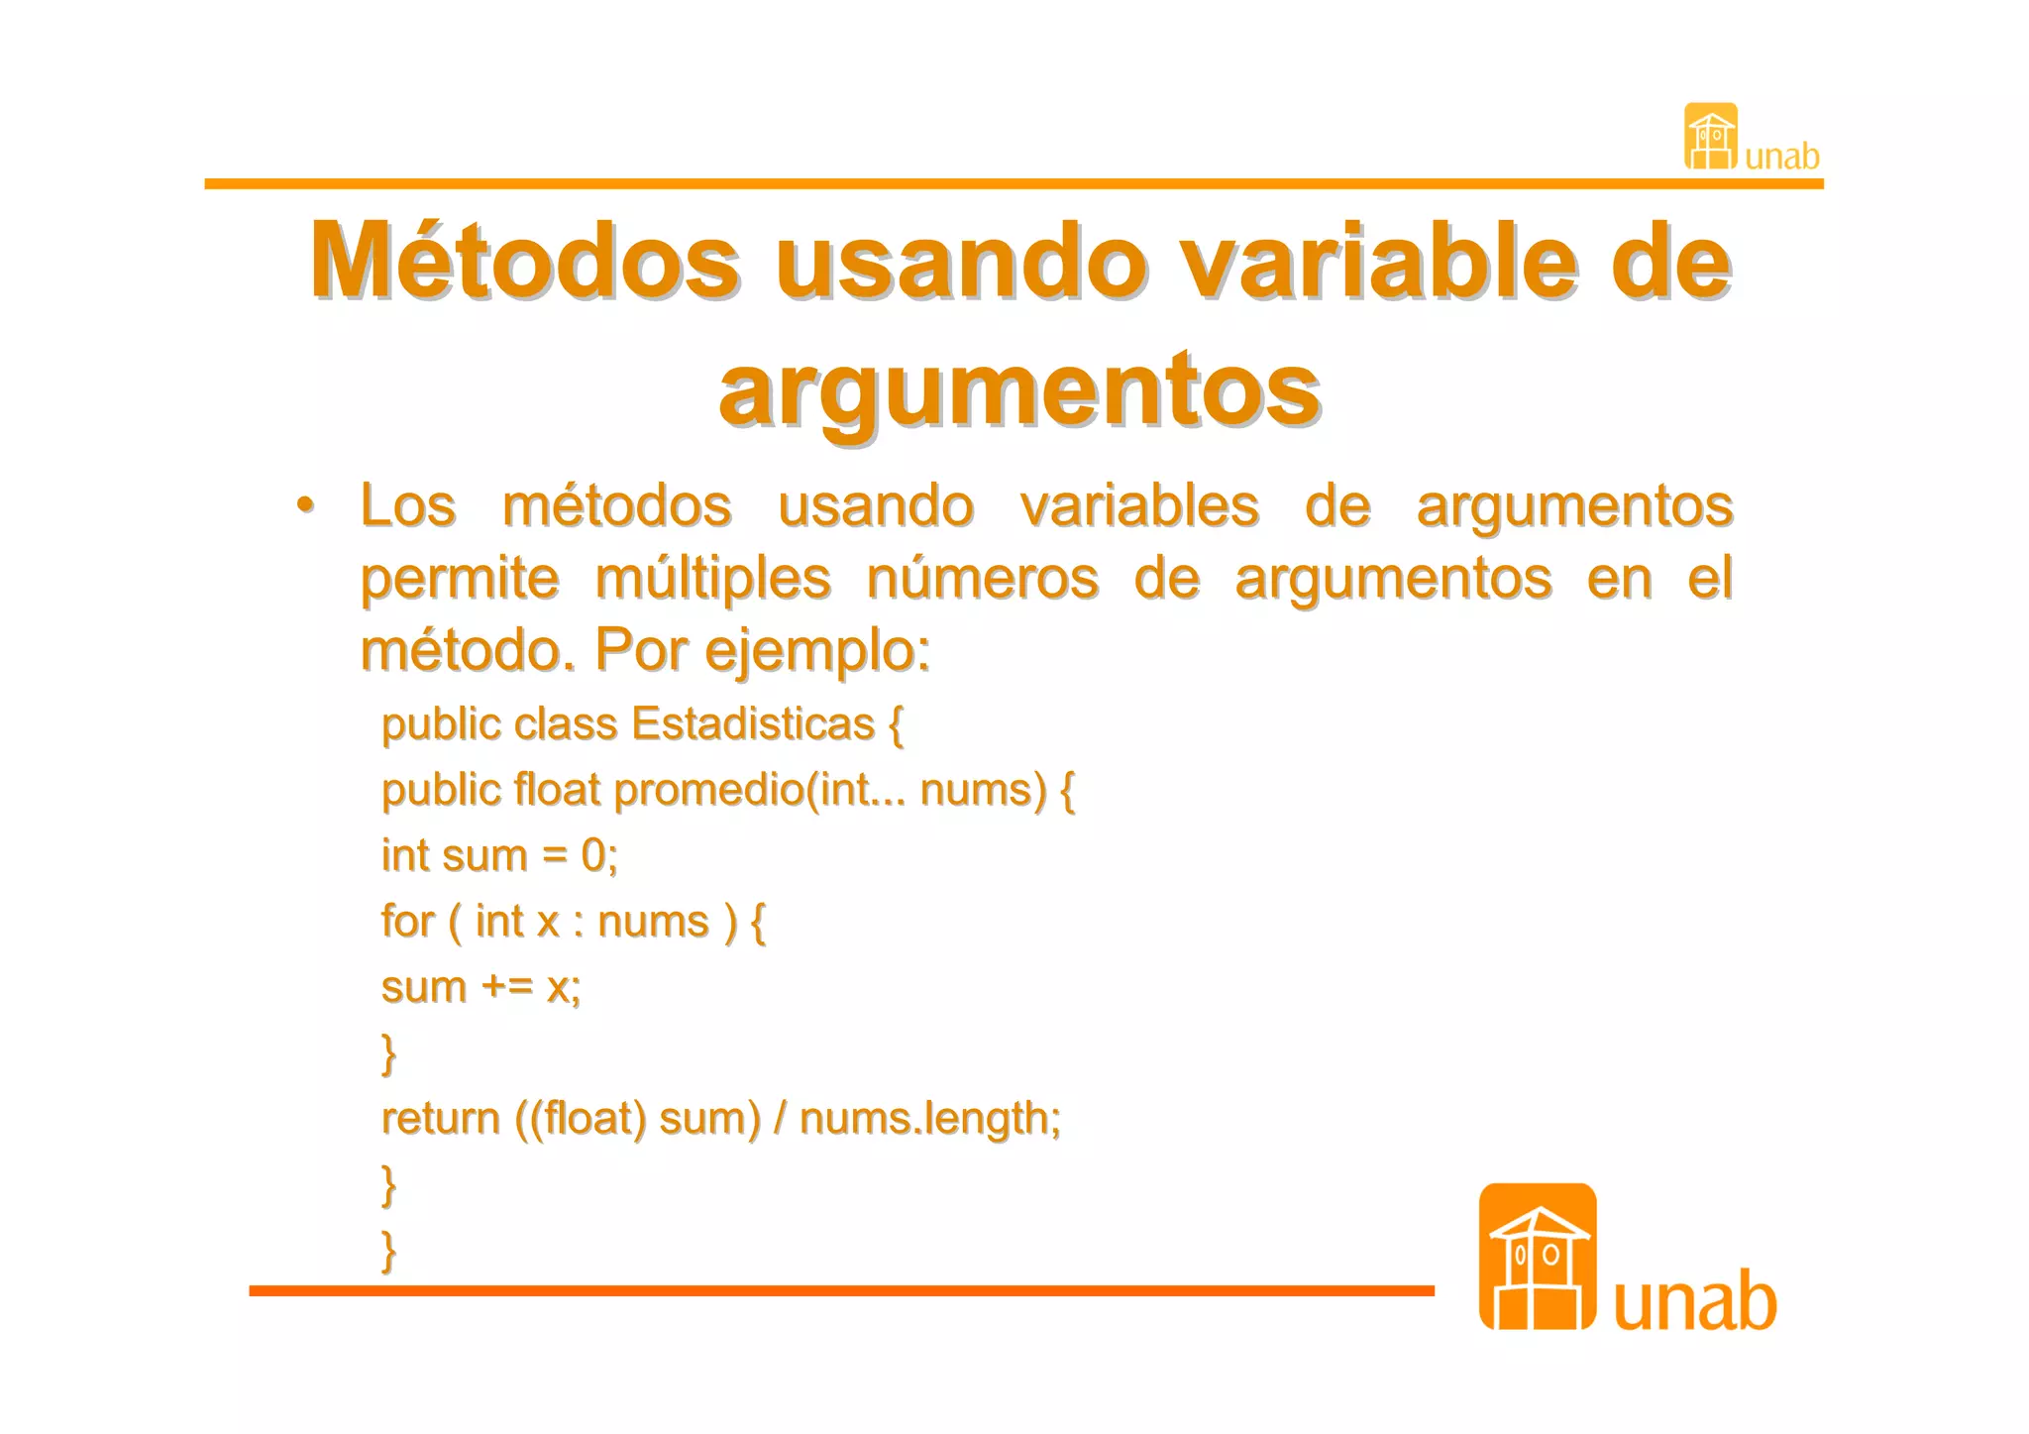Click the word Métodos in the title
click(x=524, y=261)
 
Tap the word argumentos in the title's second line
click(x=1019, y=388)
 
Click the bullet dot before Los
click(x=306, y=505)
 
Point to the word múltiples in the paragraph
click(x=713, y=578)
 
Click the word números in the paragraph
click(x=983, y=578)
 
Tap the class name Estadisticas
click(x=753, y=723)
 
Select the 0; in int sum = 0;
click(x=599, y=855)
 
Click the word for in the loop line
click(x=407, y=922)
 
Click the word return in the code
click(x=441, y=1119)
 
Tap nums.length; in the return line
click(x=929, y=1119)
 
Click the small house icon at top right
click(x=1711, y=137)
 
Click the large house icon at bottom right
click(x=1537, y=1257)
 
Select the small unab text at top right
click(x=1782, y=157)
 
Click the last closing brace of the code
click(x=389, y=1250)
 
